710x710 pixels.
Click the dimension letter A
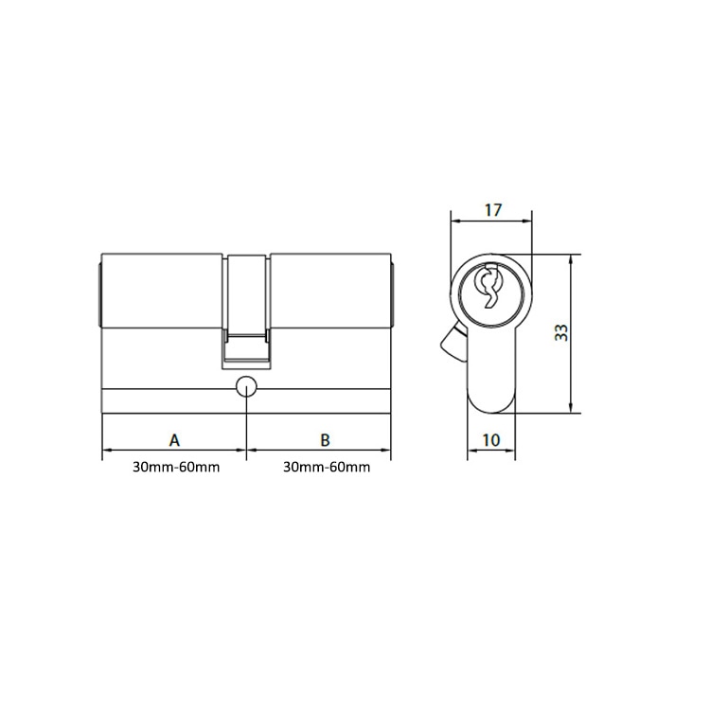[x=173, y=439]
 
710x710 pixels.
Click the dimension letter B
[x=324, y=439]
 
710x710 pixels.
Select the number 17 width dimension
[x=492, y=209]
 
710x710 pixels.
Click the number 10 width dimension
[x=492, y=439]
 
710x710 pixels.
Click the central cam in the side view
[x=247, y=308]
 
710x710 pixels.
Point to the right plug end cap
[x=393, y=292]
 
